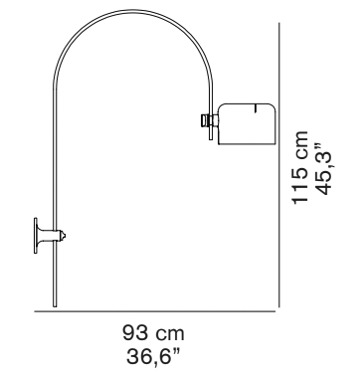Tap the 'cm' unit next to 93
[170, 335]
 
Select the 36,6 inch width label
[153, 356]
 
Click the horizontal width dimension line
[155, 311]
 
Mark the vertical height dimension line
[279, 165]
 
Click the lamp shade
[247, 124]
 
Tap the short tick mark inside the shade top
[256, 108]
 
